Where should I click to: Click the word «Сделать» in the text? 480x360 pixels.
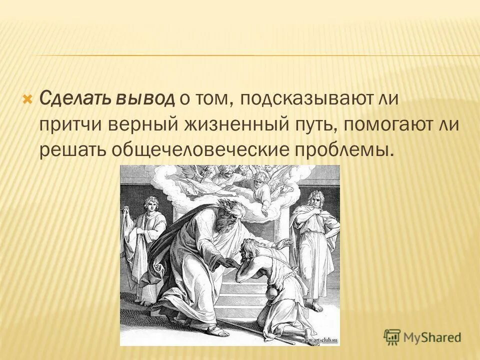69,98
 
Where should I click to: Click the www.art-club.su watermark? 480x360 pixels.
319,340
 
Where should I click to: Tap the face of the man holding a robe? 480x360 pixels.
149,204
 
